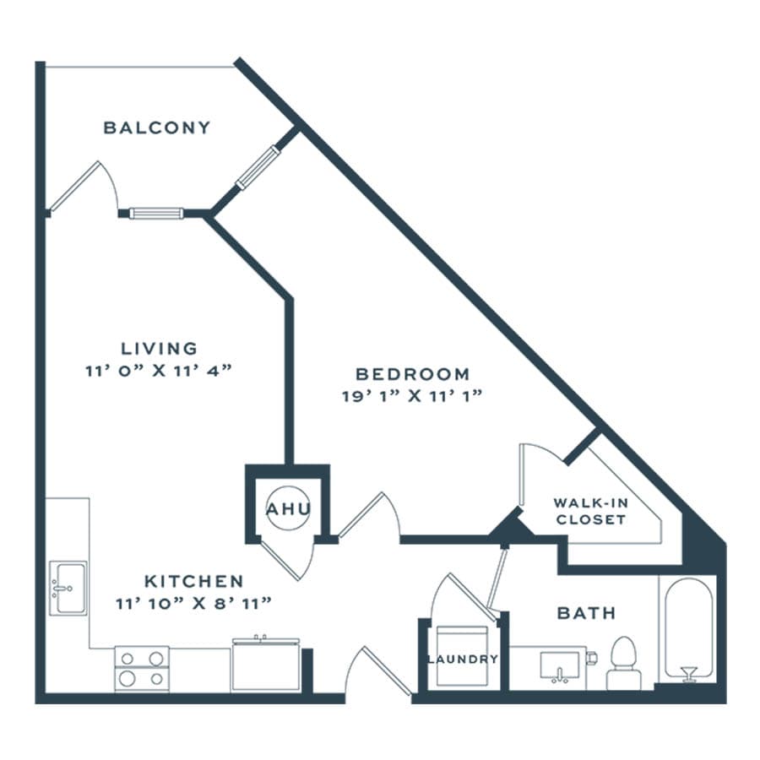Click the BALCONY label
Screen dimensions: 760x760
pyautogui.click(x=157, y=128)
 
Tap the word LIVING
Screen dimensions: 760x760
pyautogui.click(x=159, y=349)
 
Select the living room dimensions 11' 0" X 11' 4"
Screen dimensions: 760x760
pyautogui.click(x=159, y=371)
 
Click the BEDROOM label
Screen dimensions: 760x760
pyautogui.click(x=412, y=374)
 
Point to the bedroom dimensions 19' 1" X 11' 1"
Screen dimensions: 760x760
pyautogui.click(x=412, y=396)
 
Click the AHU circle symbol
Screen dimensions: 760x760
pyautogui.click(x=289, y=508)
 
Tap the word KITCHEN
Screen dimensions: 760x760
pyautogui.click(x=194, y=581)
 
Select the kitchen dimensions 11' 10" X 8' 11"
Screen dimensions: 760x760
pyautogui.click(x=193, y=604)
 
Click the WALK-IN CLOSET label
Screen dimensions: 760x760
pyautogui.click(x=591, y=511)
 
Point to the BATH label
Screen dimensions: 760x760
pyautogui.click(x=587, y=613)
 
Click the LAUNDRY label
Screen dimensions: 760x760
pyautogui.click(x=463, y=660)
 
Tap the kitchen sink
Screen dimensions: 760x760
pyautogui.click(x=68, y=588)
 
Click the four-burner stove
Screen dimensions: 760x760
pyautogui.click(x=142, y=669)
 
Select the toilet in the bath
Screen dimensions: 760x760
pyautogui.click(x=624, y=664)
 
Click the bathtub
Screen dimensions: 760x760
pyautogui.click(x=688, y=629)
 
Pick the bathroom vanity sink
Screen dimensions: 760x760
pyautogui.click(x=560, y=666)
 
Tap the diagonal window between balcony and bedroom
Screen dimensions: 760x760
pyautogui.click(x=258, y=166)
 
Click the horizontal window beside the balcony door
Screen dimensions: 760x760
pyautogui.click(x=156, y=214)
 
